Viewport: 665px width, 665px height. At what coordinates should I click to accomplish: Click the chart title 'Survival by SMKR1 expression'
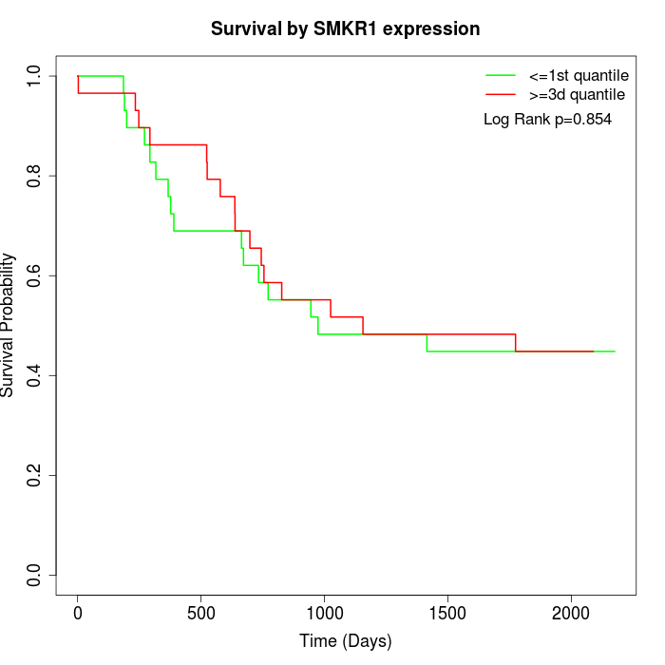345,29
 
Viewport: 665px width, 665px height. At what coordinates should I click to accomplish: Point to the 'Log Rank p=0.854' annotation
548,120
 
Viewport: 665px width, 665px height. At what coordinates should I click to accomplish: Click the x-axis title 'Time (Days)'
345,641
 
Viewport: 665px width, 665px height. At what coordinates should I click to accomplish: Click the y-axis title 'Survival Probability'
9,325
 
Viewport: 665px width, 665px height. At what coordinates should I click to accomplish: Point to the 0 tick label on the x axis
78,612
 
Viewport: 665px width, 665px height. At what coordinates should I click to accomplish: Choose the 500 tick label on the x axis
201,612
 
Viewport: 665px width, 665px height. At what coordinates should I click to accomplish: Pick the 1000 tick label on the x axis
325,612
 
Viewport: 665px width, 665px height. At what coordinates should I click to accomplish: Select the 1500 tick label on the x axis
447,612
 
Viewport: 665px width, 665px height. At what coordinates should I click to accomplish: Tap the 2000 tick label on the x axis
571,612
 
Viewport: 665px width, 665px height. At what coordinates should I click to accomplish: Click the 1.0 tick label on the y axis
34,76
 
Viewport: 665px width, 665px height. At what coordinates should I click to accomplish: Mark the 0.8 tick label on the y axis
34,176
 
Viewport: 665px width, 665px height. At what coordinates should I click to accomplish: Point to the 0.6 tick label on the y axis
34,275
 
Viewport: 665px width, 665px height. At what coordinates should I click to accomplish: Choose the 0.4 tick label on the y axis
34,375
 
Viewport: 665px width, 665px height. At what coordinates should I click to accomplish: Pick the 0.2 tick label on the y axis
34,475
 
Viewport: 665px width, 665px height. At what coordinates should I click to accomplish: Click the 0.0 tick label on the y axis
34,575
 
